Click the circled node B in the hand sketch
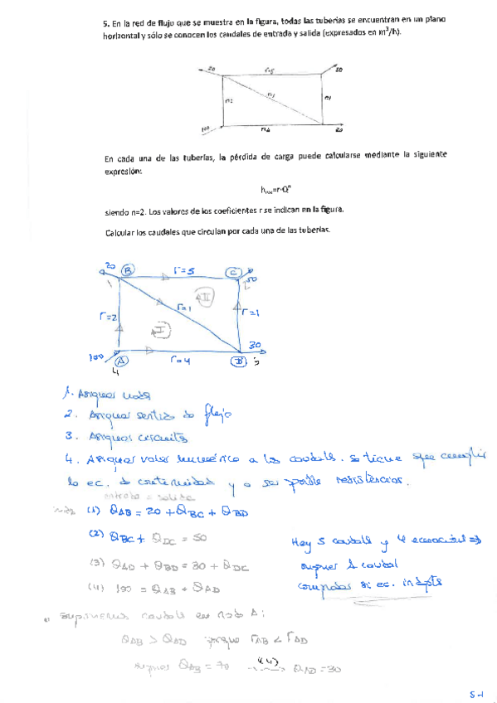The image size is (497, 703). [x=128, y=269]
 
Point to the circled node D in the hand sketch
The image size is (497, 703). [x=238, y=361]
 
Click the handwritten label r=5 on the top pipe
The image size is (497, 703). [x=184, y=269]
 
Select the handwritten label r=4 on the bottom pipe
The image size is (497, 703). [x=180, y=361]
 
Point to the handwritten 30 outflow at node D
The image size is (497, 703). [x=256, y=346]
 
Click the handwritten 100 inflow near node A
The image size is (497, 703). [x=96, y=356]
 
